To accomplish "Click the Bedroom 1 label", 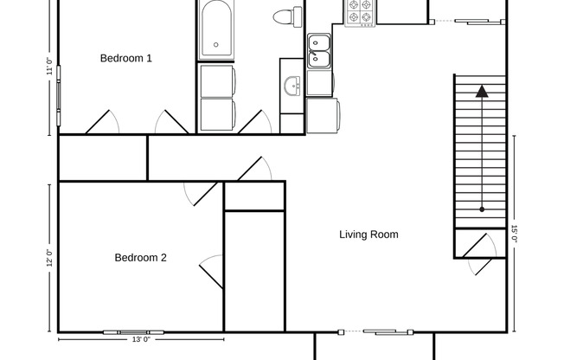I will click(126, 59).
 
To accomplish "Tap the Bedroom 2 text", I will click(140, 258).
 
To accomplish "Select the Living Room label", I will click(369, 235).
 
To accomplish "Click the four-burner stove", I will click(359, 12).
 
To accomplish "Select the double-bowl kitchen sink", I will click(318, 50).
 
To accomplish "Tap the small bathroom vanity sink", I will click(292, 85).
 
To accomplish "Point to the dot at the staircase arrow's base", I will click(481, 209).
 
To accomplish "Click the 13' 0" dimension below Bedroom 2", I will click(143, 340).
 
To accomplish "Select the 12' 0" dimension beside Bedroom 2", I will click(49, 257).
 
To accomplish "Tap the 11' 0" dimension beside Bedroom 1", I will click(49, 67).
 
